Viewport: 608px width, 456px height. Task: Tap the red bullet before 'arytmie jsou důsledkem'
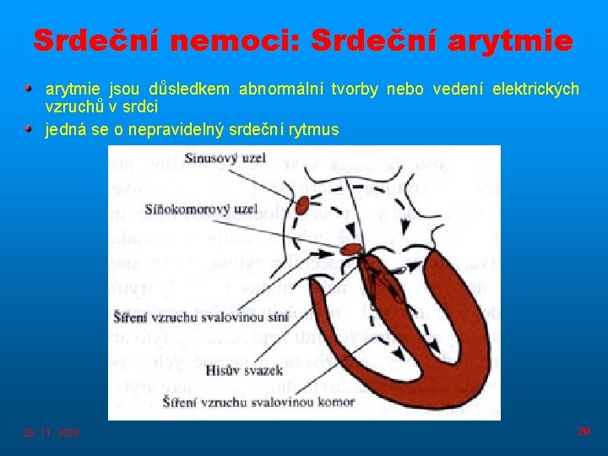[x=30, y=88]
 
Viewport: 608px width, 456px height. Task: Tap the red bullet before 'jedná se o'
[x=30, y=128]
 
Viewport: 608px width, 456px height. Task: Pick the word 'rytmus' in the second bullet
[x=312, y=129]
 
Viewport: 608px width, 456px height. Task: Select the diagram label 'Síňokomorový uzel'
[x=200, y=208]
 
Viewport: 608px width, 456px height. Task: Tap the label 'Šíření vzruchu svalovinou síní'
[x=200, y=317]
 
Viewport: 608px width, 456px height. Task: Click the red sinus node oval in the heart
[x=302, y=203]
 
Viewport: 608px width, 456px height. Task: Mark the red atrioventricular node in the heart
[x=351, y=248]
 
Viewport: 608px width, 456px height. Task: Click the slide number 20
[x=584, y=432]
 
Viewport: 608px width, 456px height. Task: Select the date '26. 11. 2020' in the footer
[x=52, y=433]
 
